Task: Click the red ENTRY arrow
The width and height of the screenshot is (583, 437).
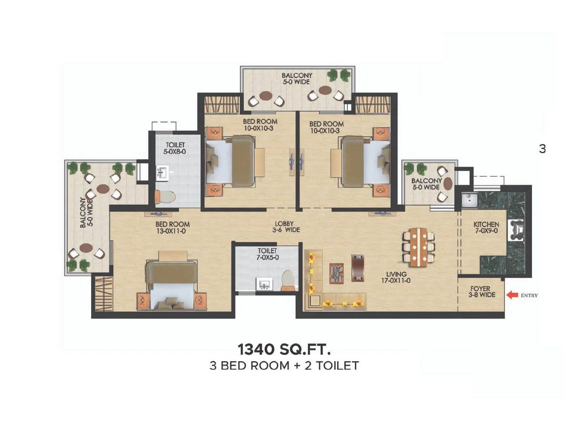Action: [513, 295]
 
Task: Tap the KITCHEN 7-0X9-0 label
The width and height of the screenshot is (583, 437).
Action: [486, 228]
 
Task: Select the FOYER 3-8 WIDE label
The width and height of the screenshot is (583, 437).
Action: [481, 292]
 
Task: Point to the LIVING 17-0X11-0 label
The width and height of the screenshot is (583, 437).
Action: [396, 277]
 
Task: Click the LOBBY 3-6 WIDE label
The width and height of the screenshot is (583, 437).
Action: [286, 227]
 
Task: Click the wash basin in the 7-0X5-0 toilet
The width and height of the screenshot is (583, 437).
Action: [265, 284]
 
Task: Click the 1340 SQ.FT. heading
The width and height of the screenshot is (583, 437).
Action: [284, 349]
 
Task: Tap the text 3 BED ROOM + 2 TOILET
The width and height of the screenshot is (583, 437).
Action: [284, 365]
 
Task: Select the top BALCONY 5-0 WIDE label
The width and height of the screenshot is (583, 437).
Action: [297, 79]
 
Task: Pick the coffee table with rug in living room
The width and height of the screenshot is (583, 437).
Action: [336, 273]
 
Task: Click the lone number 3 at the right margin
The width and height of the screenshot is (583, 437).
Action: [543, 149]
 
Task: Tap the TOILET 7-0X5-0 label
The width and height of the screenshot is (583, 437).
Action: [267, 254]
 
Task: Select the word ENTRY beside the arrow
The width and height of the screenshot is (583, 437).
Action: [529, 295]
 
